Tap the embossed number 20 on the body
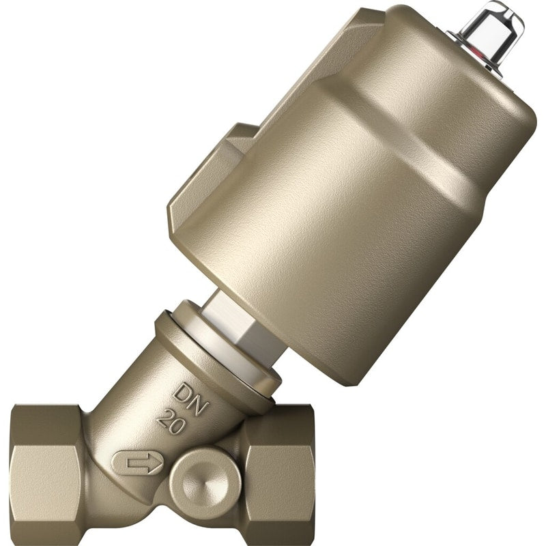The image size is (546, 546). pyautogui.click(x=171, y=422)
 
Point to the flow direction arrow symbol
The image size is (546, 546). pyautogui.click(x=139, y=463)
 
